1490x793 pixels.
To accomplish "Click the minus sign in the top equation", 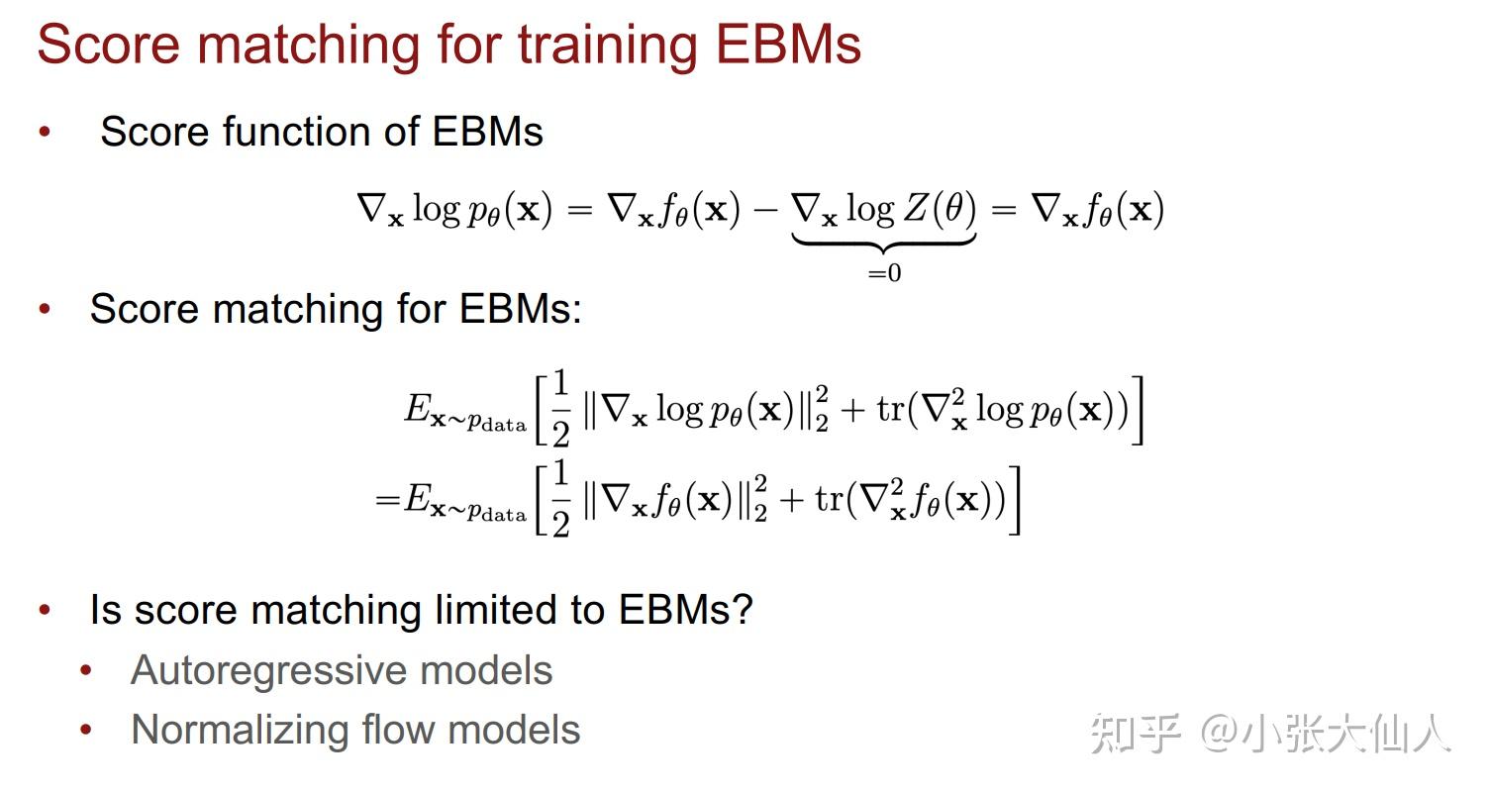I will pyautogui.click(x=765, y=210).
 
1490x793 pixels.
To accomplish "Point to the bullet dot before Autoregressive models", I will pyautogui.click(x=86, y=671).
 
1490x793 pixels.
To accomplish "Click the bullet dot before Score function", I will pyautogui.click(x=45, y=132).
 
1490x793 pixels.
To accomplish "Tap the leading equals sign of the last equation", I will pyautogui.click(x=386, y=500).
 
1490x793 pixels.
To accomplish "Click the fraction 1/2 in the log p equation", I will pyautogui.click(x=560, y=408).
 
